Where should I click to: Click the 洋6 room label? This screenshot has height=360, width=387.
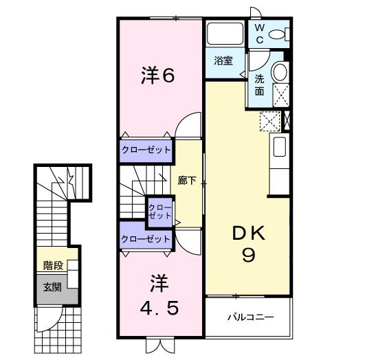coord(159,76)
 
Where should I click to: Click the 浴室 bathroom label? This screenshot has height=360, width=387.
coord(223,60)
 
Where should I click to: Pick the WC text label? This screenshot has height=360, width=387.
coord(261,33)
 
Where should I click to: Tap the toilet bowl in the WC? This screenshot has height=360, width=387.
coord(278,33)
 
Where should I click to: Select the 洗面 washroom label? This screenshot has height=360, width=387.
coord(260,85)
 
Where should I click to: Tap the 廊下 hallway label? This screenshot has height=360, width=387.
coord(188,181)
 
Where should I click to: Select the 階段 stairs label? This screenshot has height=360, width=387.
coord(52,265)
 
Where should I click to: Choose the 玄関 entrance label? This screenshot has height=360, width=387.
coord(52,287)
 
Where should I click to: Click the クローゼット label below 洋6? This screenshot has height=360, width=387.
coord(145,150)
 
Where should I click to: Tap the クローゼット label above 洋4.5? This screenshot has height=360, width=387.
coord(145,239)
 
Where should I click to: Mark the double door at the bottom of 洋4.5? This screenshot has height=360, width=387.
coord(157,345)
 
